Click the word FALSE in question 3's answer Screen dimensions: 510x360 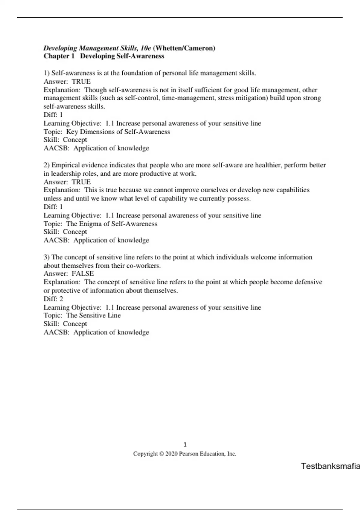82,274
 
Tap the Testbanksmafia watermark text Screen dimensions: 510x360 330,466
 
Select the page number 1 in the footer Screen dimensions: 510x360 185,445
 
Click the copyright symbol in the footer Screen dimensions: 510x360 161,454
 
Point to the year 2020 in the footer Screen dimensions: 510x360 172,454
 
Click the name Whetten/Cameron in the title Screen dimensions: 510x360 184,48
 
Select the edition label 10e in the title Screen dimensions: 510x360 146,48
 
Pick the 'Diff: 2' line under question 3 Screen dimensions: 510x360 53,299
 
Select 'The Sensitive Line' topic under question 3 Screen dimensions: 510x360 93,315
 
